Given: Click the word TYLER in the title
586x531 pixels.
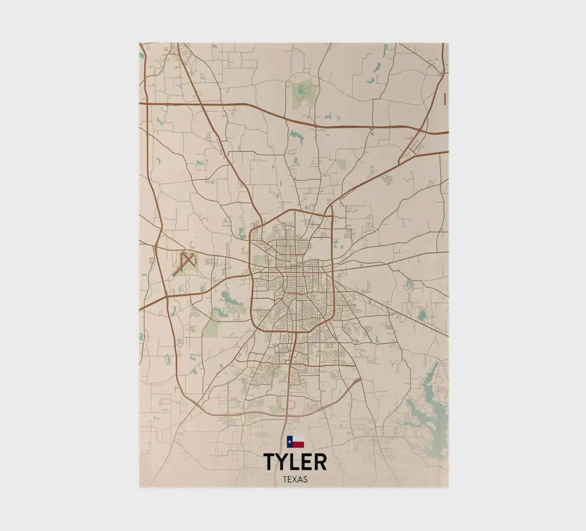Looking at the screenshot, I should point(295,462).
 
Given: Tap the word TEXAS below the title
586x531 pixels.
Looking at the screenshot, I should point(295,480).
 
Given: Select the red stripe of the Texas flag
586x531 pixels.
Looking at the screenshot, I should point(298,444).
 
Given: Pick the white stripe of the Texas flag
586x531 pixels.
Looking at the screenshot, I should point(298,439).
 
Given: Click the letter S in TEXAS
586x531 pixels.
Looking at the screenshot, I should point(305,480).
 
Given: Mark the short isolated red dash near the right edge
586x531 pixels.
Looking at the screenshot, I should point(445,98).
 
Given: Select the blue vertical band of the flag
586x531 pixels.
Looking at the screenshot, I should point(289,442).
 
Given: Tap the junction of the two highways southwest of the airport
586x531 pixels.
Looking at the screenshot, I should point(167,297).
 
